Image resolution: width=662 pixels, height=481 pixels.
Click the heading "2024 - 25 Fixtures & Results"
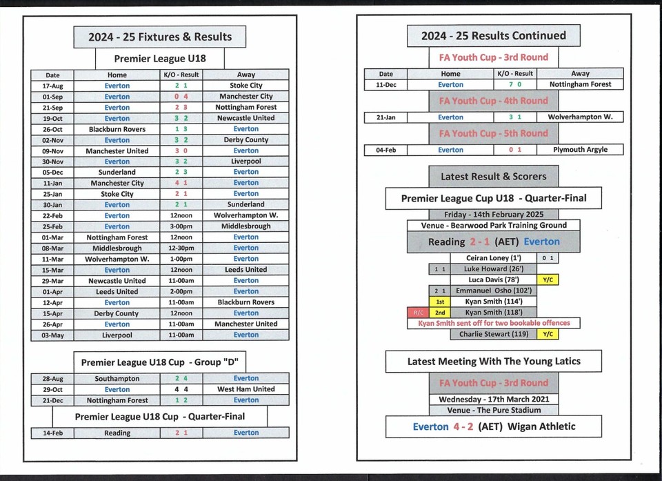[x=160, y=37]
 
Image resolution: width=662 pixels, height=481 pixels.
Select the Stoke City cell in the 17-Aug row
[x=246, y=86]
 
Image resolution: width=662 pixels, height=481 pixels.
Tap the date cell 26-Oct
[x=52, y=129]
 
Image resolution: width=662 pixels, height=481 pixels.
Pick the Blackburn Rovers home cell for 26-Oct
[x=117, y=129]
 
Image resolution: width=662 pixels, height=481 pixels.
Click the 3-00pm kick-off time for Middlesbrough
[x=181, y=226]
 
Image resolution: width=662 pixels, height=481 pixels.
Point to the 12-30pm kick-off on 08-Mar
[x=181, y=248]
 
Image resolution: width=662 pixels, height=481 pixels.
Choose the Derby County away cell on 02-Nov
[x=246, y=140]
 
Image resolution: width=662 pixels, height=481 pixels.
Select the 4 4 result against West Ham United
[x=181, y=389]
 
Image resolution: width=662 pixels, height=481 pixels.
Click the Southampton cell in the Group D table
[x=117, y=378]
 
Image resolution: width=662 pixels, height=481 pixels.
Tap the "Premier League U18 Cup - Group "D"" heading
[x=160, y=362]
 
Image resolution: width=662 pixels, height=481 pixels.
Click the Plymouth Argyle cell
[x=580, y=150]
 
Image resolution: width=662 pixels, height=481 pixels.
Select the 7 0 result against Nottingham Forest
[x=514, y=85]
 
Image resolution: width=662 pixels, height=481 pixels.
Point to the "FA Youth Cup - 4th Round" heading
[x=494, y=101]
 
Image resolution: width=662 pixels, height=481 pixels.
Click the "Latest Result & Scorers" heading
[x=494, y=177]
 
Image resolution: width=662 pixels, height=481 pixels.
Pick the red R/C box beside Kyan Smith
[x=418, y=313]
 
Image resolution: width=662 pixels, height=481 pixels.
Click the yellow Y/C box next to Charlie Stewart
[x=548, y=334]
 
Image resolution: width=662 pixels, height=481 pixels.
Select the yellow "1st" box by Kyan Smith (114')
[x=440, y=302]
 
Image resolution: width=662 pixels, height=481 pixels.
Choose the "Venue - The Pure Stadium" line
[x=494, y=410]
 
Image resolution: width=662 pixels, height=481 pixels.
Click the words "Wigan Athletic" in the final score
[x=541, y=426]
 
